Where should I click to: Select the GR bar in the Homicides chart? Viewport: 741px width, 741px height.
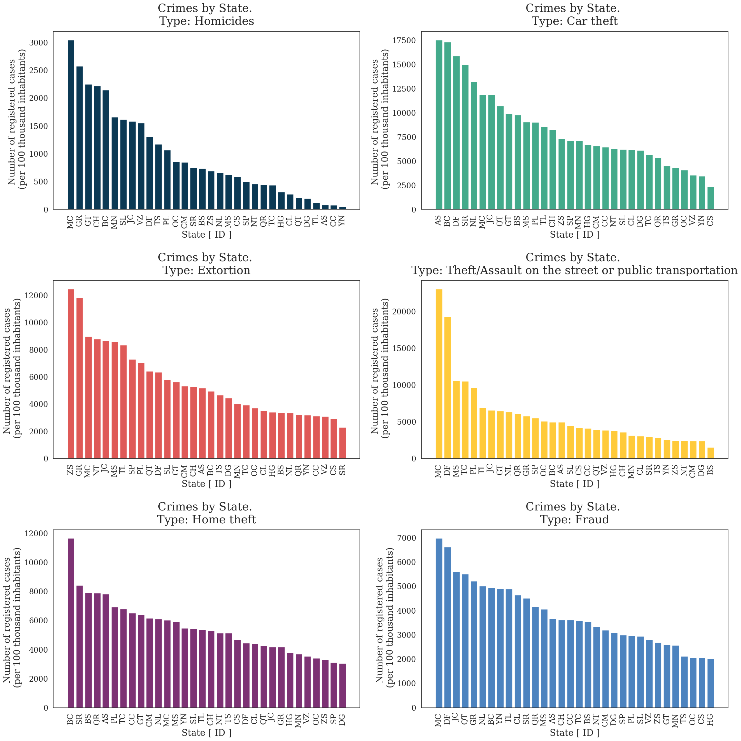pyautogui.click(x=79, y=138)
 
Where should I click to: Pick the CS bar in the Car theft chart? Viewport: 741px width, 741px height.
pyautogui.click(x=711, y=198)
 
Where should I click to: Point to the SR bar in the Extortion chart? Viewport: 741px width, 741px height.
pyautogui.click(x=342, y=443)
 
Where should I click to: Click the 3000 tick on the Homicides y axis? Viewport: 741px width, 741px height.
pyautogui.click(x=39, y=43)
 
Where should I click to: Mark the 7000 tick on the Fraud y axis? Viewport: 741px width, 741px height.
pyautogui.click(x=409, y=538)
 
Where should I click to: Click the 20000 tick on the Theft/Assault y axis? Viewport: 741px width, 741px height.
pyautogui.click(x=404, y=312)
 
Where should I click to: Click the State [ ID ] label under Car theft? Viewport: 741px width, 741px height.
pyautogui.click(x=575, y=235)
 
